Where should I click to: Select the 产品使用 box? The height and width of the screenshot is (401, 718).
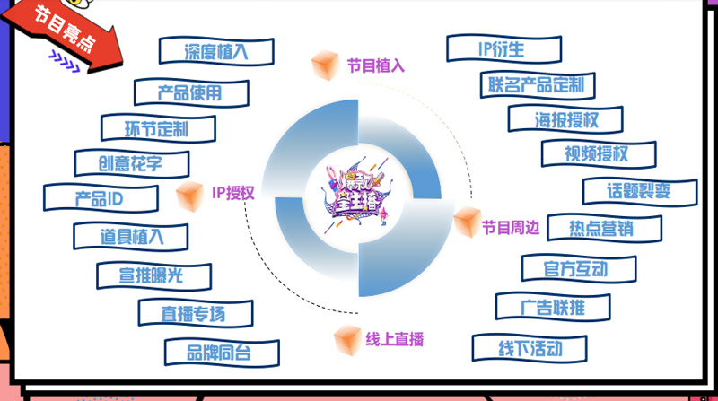pos(190,92)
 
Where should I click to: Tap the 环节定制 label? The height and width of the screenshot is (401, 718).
pos(157,127)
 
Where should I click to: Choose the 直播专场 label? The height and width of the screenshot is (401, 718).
pos(195,313)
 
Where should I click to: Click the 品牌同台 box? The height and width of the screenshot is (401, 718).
pos(220,352)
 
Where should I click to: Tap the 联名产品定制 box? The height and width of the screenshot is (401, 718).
pos(537,84)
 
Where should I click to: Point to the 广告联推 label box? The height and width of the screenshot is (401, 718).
pos(553,307)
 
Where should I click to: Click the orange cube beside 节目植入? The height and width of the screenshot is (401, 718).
pos(323,65)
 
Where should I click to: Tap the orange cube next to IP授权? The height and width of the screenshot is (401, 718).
pos(189,194)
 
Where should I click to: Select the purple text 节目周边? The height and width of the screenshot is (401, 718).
pos(510,227)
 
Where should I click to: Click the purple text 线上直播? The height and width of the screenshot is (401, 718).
pos(394,339)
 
